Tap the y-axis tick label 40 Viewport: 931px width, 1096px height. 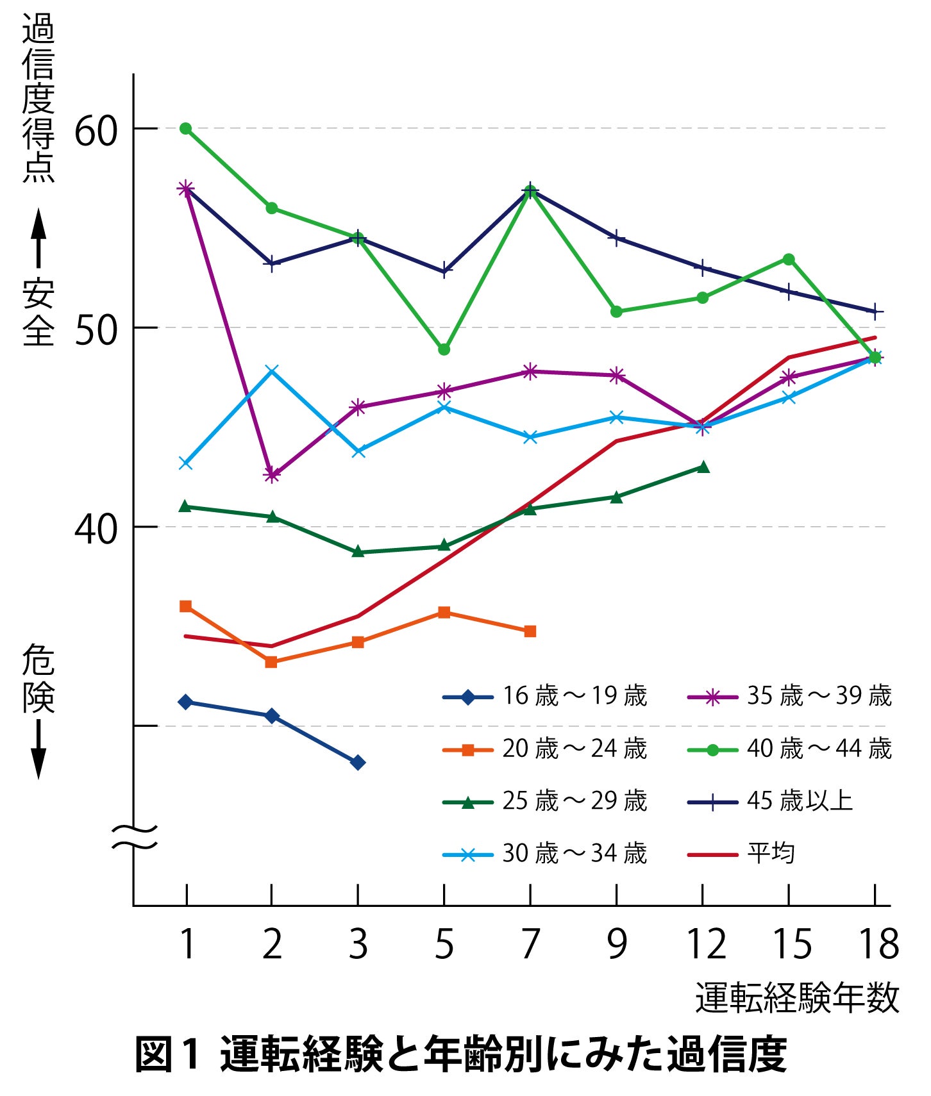point(96,529)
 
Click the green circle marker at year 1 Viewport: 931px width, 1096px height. point(186,129)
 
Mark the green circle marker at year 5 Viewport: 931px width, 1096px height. point(444,349)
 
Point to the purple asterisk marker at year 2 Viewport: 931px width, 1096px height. point(272,475)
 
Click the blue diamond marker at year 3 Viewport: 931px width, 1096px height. point(358,762)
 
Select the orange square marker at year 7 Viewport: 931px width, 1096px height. point(530,631)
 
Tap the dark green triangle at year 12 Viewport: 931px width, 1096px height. point(703,467)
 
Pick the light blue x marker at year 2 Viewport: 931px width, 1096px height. point(272,371)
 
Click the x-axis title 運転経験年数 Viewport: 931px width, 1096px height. point(797,998)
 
